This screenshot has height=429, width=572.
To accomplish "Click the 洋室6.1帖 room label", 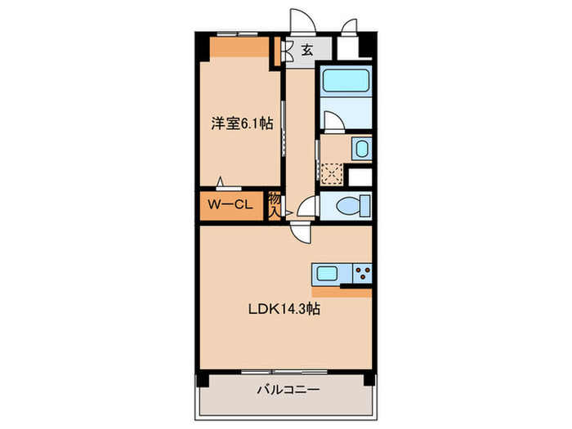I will (241, 124).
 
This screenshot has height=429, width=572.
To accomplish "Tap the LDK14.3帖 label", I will (284, 310).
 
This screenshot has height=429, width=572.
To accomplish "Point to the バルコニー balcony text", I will (284, 391).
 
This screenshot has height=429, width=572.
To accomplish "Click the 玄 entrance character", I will (306, 50).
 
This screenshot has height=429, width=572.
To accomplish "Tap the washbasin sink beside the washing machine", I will (360, 149).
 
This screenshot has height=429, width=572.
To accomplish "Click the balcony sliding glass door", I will (284, 372).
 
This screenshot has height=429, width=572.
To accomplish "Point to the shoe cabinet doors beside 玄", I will (287, 51).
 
